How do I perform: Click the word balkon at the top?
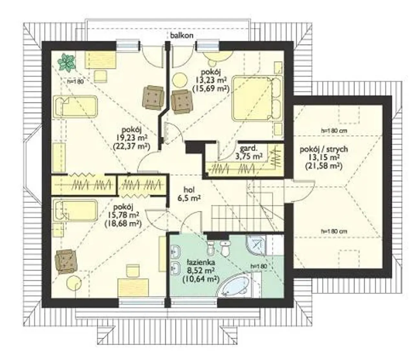(x=181, y=36)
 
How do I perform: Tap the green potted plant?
(x=66, y=62)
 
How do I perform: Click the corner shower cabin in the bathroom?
(x=256, y=245)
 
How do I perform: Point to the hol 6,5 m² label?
(x=189, y=194)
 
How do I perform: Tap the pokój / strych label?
(x=323, y=149)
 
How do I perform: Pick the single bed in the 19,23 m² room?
(x=75, y=107)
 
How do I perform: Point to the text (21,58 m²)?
(x=323, y=166)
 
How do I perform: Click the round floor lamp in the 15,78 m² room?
(x=74, y=283)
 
